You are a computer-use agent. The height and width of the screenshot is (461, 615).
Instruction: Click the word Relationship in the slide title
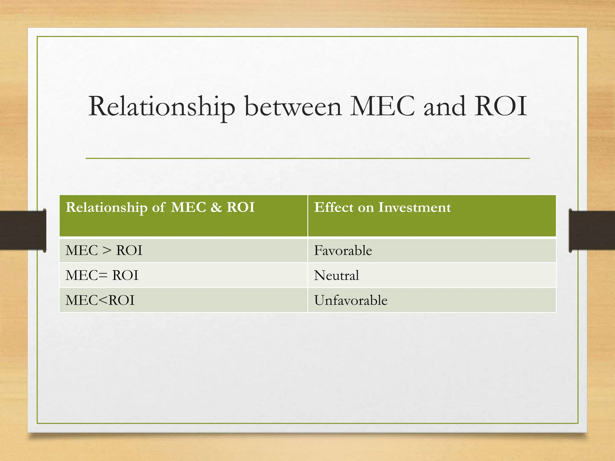pyautogui.click(x=162, y=107)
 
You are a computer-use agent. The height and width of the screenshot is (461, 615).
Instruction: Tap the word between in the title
pyautogui.click(x=293, y=107)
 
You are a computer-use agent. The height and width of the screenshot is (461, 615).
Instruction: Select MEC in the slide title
pyautogui.click(x=383, y=106)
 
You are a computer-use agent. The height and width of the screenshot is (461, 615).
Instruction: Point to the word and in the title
pyautogui.click(x=445, y=107)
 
